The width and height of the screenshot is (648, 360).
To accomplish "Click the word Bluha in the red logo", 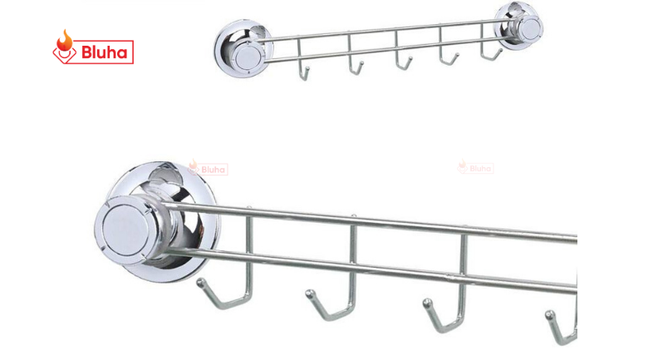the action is [x=104, y=52].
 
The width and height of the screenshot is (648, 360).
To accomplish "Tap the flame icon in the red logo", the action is [x=65, y=40].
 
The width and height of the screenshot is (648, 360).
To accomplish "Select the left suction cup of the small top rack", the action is [x=243, y=48].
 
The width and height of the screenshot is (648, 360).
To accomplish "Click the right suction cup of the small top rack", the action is [x=520, y=26].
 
